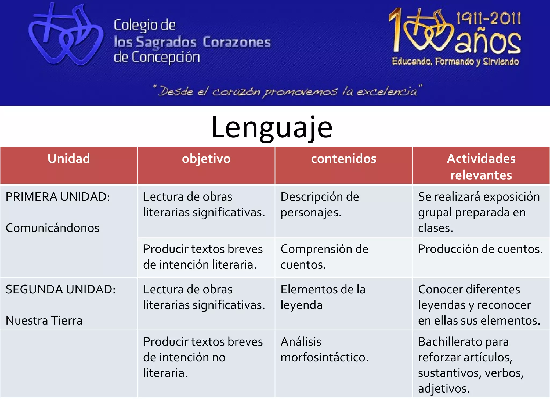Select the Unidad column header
pyautogui.click(x=69, y=159)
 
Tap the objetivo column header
pyautogui.click(x=206, y=159)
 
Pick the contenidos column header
pyautogui.click(x=343, y=159)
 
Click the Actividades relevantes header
pyautogui.click(x=481, y=166)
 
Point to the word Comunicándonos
pyautogui.click(x=53, y=228)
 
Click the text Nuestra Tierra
pyautogui.click(x=44, y=321)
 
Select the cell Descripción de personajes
pyautogui.click(x=320, y=205)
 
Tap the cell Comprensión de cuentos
pyautogui.click(x=324, y=257)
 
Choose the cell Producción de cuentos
pyautogui.click(x=480, y=249)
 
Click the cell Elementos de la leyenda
pyautogui.click(x=323, y=297)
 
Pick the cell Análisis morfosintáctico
pyautogui.click(x=324, y=349)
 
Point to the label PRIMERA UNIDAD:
pyautogui.click(x=58, y=197)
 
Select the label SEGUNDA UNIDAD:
pyautogui.click(x=60, y=290)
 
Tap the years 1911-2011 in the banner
pyautogui.click(x=489, y=18)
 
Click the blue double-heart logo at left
pyautogui.click(x=66, y=35)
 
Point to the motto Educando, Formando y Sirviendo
pyautogui.click(x=455, y=62)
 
